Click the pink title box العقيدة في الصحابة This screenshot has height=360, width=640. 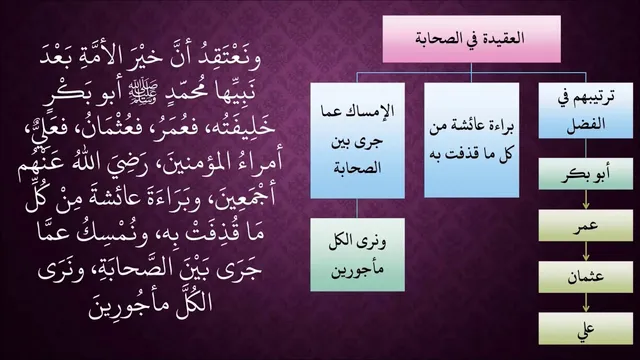click(x=471, y=39)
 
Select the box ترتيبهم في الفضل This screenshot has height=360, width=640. click(x=586, y=111)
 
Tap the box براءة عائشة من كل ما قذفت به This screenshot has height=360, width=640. click(x=471, y=140)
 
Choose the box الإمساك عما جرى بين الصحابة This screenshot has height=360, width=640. click(x=358, y=141)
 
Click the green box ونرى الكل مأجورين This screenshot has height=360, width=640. click(x=358, y=255)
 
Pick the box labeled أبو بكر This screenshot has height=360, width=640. click(x=586, y=174)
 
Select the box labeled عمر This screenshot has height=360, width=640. click(x=586, y=225)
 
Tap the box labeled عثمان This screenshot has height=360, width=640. click(x=586, y=277)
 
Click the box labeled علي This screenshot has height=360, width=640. click(x=586, y=329)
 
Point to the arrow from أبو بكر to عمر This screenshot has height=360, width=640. click(x=586, y=200)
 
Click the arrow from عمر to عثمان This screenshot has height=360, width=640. click(x=586, y=251)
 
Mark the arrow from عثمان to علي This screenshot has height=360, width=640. click(x=586, y=302)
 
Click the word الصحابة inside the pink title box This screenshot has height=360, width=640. click(x=440, y=39)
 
